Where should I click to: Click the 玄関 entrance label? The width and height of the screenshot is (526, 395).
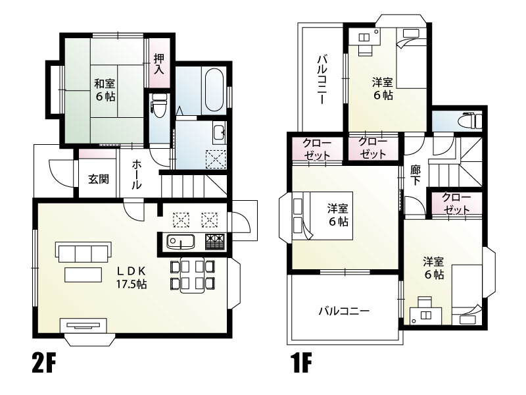coord(99,179)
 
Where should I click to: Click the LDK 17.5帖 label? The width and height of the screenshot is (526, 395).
coord(131,278)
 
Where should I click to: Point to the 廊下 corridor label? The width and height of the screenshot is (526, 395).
coord(415,175)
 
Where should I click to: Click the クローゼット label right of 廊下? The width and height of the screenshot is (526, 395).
coord(456,203)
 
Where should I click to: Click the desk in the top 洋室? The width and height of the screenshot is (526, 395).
coord(363,37)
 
